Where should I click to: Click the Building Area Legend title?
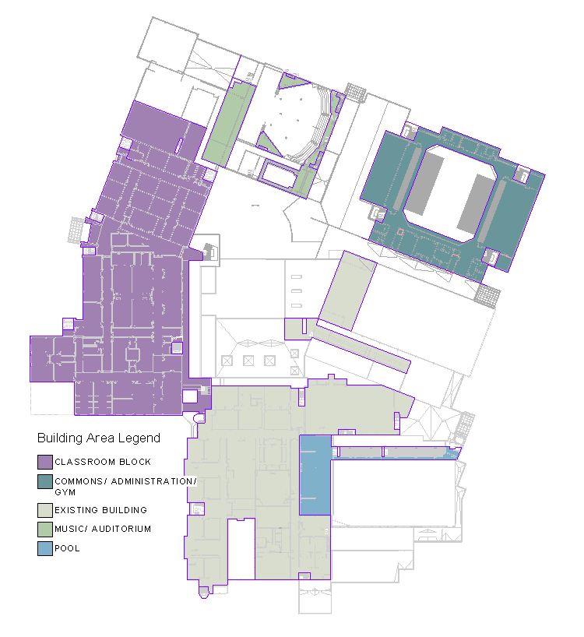[x=99, y=438]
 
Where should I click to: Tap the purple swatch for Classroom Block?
[x=44, y=462]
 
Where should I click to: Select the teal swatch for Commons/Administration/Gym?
[x=44, y=482]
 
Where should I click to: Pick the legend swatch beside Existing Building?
[x=44, y=510]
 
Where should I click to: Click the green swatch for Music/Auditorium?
[x=44, y=530]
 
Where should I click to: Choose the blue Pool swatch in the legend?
[x=44, y=548]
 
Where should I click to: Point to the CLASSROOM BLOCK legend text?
[x=103, y=463]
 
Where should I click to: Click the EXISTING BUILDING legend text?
[x=100, y=510]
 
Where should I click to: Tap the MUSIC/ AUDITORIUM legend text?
[x=103, y=530]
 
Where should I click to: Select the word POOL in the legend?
[x=67, y=548]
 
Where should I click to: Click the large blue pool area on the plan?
[x=315, y=475]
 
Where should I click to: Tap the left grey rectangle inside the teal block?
[x=425, y=184]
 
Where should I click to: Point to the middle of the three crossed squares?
[x=248, y=361]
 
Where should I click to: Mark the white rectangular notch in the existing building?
[x=241, y=550]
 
